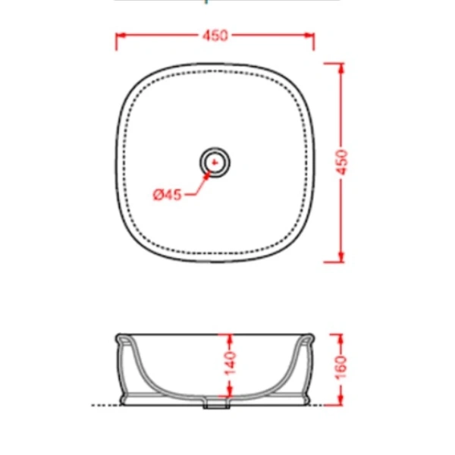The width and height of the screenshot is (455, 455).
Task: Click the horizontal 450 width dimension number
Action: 215,36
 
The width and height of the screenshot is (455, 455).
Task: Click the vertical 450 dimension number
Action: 343,162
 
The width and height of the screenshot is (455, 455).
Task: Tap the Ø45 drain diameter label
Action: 167,194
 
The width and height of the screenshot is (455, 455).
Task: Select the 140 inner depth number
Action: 231,363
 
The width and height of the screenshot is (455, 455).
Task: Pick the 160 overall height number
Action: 341,367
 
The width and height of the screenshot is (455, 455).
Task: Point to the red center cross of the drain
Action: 215,162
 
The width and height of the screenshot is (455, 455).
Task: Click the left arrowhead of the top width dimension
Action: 121,36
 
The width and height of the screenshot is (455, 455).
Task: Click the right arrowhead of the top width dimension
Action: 309,36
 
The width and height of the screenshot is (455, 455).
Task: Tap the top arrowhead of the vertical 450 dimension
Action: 341,68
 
